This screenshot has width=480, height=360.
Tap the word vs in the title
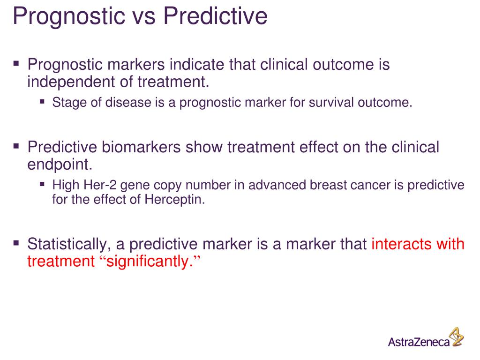pyautogui.click(x=144, y=16)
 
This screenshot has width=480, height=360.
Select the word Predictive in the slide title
pyautogui.click(x=215, y=16)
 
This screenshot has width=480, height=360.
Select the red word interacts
pyautogui.click(x=402, y=244)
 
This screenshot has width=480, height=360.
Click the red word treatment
pyautogui.click(x=61, y=262)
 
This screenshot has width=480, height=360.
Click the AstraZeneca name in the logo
pyautogui.click(x=418, y=341)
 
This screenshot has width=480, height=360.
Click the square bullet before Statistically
pyautogui.click(x=16, y=243)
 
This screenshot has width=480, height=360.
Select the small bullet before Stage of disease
pyautogui.click(x=43, y=101)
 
